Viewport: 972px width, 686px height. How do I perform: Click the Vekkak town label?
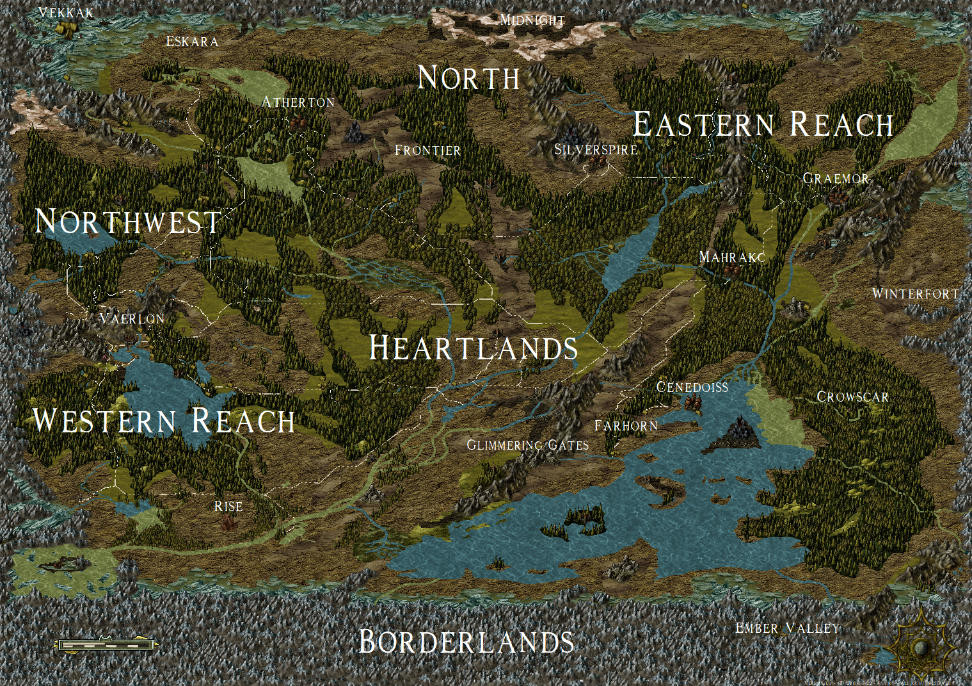(66, 12)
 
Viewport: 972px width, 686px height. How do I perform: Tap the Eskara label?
(192, 42)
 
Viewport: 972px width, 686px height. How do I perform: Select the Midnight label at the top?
(532, 20)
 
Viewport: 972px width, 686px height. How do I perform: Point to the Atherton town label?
(298, 102)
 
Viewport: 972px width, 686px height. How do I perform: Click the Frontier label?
(427, 151)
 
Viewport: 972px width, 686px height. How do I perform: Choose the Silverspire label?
(596, 150)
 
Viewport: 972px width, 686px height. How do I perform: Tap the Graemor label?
(836, 179)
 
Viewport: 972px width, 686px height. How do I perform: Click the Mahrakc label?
(732, 257)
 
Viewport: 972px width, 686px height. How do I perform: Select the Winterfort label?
(916, 294)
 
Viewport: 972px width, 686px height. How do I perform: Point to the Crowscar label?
(852, 397)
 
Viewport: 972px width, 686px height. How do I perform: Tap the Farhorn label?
(626, 426)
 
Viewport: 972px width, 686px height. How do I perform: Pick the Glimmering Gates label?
(527, 445)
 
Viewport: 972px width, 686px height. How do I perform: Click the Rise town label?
(228, 507)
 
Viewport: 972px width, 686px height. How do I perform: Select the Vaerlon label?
(132, 318)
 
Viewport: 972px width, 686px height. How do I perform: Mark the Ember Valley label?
(787, 628)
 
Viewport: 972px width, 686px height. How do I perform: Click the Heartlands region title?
(474, 348)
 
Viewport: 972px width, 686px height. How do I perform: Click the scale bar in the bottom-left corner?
(106, 644)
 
